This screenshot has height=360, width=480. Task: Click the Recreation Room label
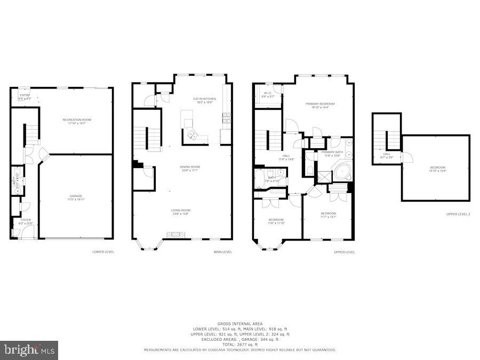pyautogui.click(x=77, y=120)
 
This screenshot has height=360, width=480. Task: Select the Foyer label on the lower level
pyautogui.click(x=26, y=219)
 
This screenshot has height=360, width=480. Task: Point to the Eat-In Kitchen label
pyautogui.click(x=204, y=99)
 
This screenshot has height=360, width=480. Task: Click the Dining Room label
pyautogui.click(x=190, y=167)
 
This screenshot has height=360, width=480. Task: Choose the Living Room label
pyautogui.click(x=180, y=210)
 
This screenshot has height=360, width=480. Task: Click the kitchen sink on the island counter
pyautogui.click(x=192, y=137)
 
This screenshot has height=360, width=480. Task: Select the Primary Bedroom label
pyautogui.click(x=320, y=103)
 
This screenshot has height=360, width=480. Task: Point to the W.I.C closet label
pyautogui.click(x=268, y=93)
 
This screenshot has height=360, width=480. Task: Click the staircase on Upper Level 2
pyautogui.click(x=393, y=140)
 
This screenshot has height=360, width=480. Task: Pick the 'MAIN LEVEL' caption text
pyautogui.click(x=223, y=252)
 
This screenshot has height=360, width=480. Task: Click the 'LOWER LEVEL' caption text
pyautogui.click(x=103, y=252)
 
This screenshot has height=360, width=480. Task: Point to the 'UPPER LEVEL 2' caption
pyautogui.click(x=458, y=214)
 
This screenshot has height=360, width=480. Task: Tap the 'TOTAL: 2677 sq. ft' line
pyautogui.click(x=239, y=345)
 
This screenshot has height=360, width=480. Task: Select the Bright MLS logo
pyautogui.click(x=29, y=350)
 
